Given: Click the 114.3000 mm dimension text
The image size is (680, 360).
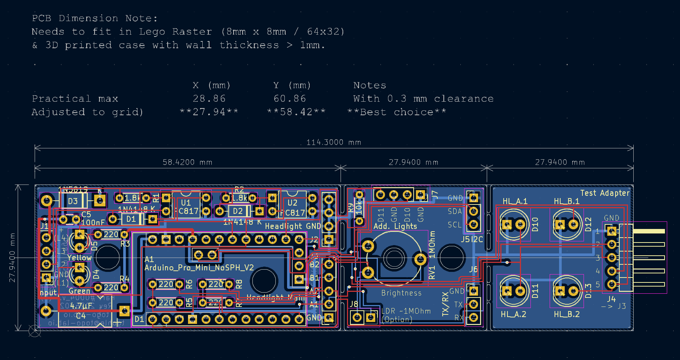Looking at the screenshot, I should click(x=333, y=142).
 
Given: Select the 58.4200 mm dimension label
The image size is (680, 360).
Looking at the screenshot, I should click(x=187, y=162).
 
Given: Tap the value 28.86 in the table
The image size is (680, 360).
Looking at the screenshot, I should click(x=209, y=99).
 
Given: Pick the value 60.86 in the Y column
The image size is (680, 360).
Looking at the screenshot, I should click(x=290, y=99).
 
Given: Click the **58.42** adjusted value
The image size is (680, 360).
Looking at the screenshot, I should click(x=296, y=112).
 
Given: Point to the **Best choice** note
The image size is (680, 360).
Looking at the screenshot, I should click(x=397, y=112).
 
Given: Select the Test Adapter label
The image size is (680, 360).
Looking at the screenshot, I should click(x=605, y=193).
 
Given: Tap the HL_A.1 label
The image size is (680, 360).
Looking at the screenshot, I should click(x=515, y=201).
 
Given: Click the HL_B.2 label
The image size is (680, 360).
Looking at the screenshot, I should click(x=566, y=314).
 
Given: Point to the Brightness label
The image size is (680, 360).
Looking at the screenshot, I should click(x=401, y=293).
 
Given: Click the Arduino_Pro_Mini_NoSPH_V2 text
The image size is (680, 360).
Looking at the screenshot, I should click(x=199, y=268).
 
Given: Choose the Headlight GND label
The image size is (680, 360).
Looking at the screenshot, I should click(x=293, y=226).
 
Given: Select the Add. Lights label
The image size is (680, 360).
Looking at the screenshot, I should click(x=395, y=226).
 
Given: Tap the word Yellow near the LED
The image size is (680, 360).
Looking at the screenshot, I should click(x=79, y=258).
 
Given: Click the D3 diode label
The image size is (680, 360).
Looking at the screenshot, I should click(x=73, y=201).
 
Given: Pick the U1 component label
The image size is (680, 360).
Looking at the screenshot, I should click(x=186, y=203).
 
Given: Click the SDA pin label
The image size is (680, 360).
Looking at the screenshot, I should click(x=454, y=211).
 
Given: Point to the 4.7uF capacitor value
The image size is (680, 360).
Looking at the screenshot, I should click(x=81, y=306).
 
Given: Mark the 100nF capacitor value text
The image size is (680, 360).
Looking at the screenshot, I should click(x=93, y=223).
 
